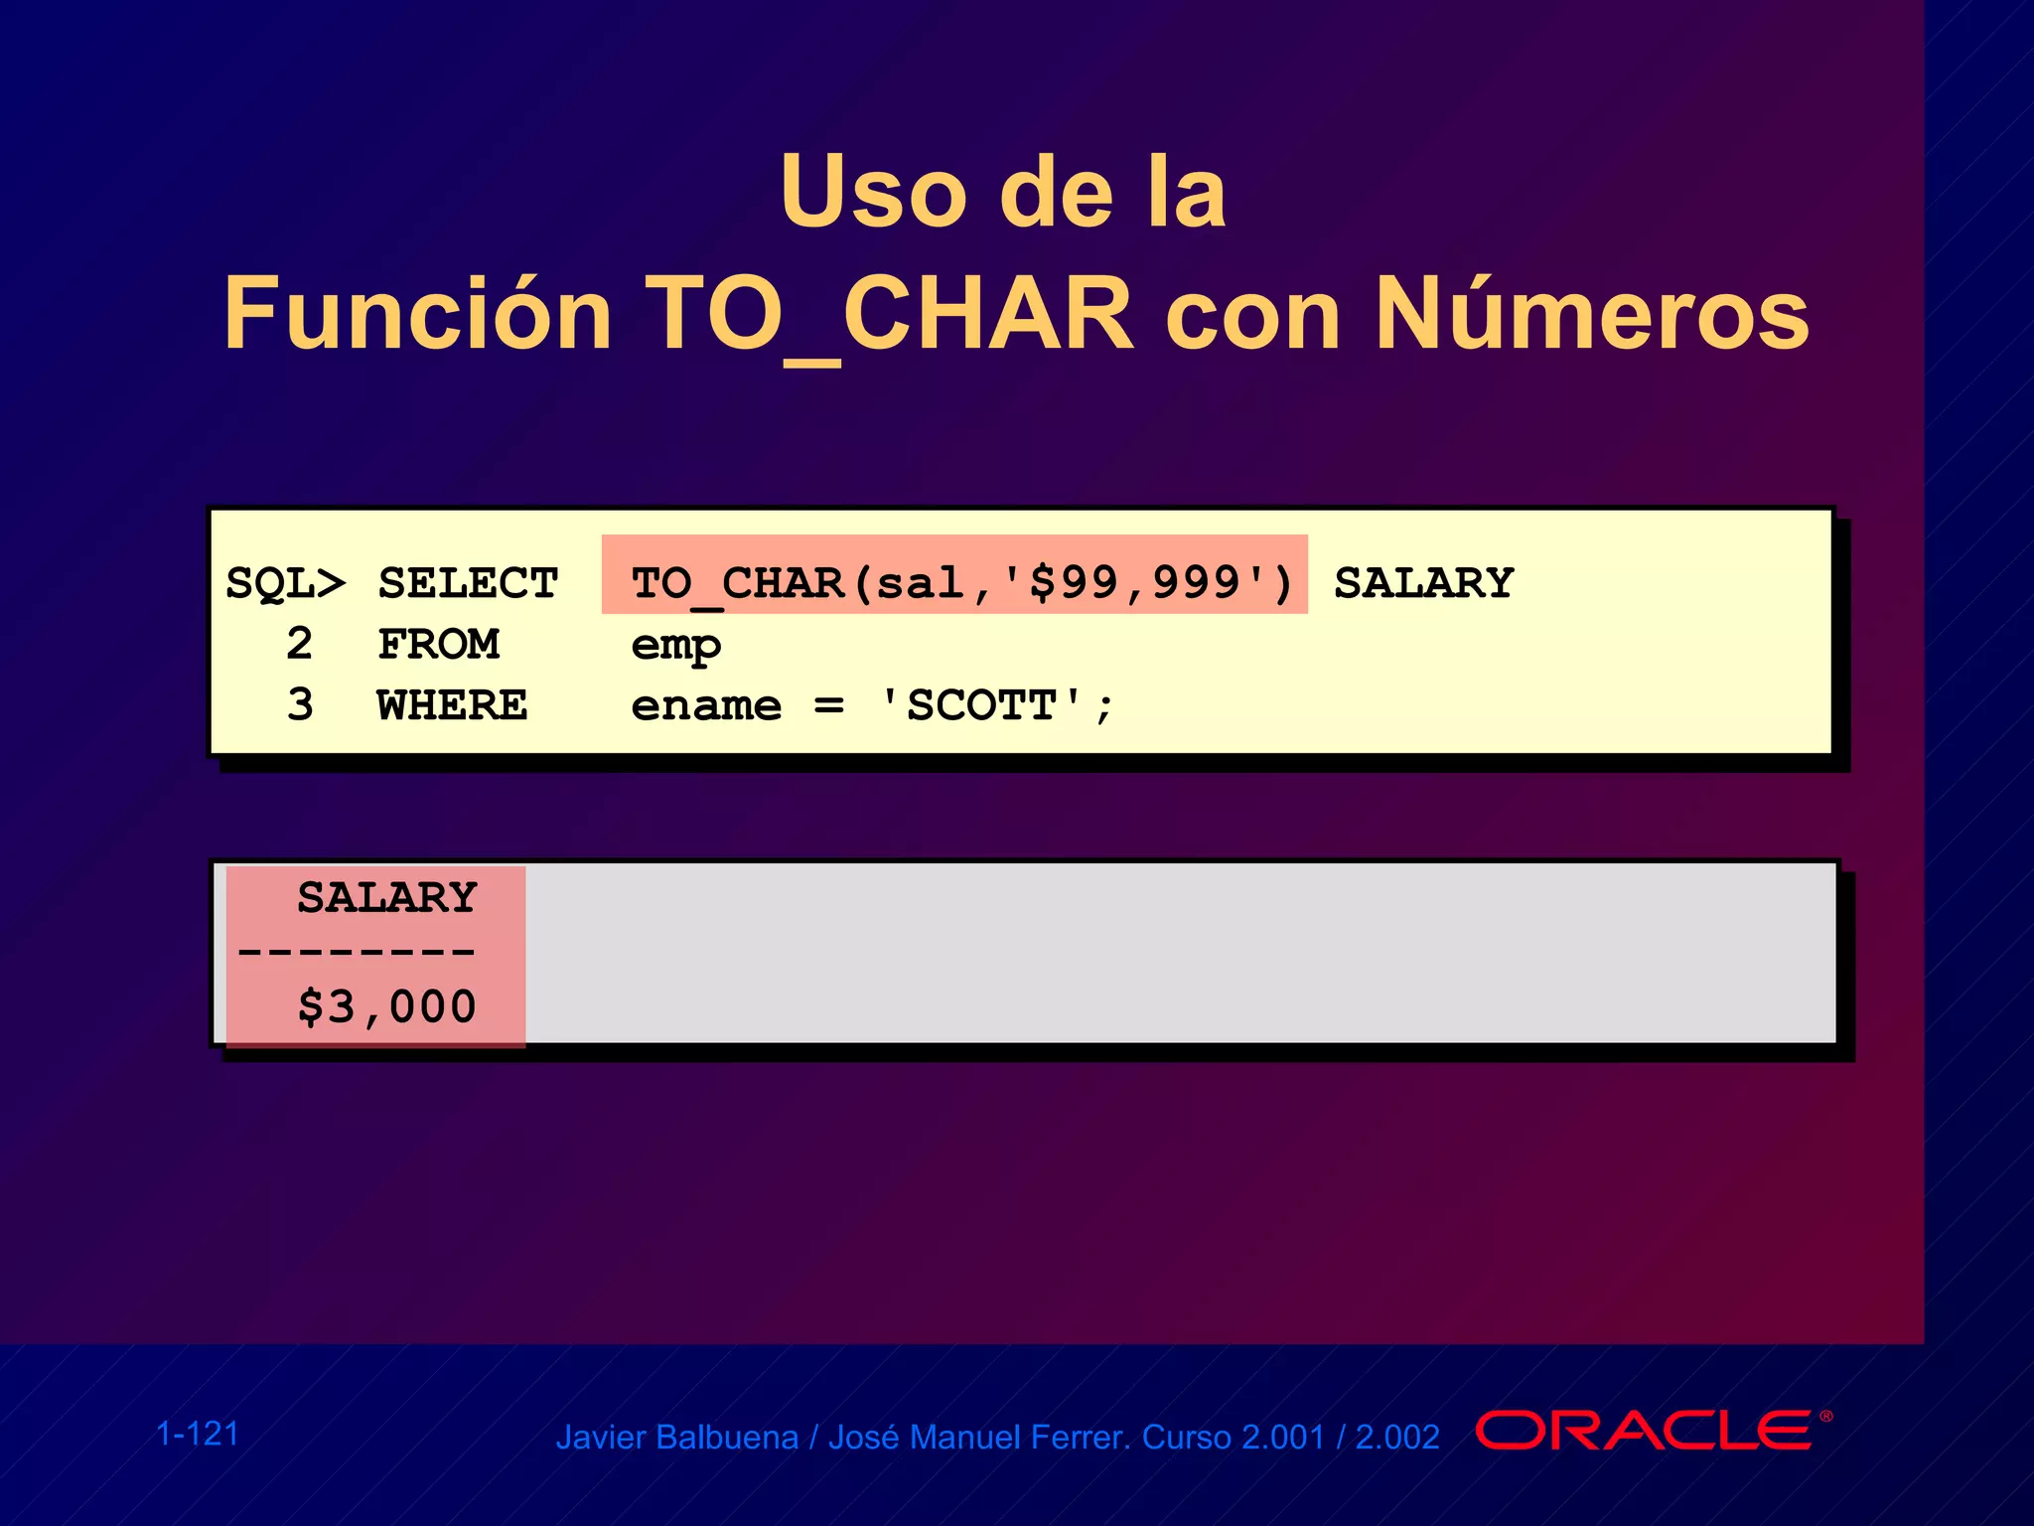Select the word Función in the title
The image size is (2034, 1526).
[417, 314]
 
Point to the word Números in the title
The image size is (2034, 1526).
[1592, 314]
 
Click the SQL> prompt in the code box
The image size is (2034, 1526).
[286, 583]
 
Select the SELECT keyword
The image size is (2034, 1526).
[468, 583]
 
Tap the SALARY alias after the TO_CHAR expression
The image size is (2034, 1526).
[1423, 583]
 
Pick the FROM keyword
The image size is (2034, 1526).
[439, 645]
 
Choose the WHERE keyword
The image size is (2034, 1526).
[452, 705]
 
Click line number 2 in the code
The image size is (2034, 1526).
[299, 644]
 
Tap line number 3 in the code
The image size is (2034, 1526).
[299, 704]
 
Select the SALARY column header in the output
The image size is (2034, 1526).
[387, 897]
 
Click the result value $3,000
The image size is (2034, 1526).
[387, 1006]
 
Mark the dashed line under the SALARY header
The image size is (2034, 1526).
[357, 952]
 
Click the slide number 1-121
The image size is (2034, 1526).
[198, 1434]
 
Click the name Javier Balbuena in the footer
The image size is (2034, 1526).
[676, 1438]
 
